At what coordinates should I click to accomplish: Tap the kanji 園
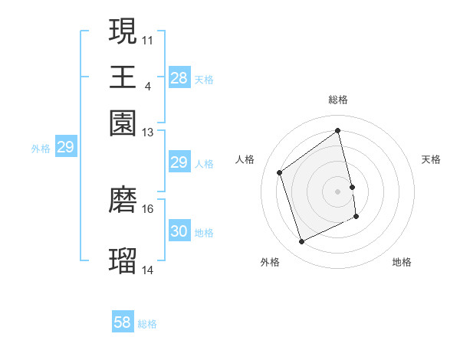(x=123, y=123)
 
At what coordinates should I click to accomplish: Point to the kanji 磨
(x=123, y=199)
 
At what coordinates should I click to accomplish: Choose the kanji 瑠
(x=123, y=260)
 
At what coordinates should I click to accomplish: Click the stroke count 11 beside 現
(x=148, y=38)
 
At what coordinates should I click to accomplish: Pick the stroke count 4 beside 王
(x=147, y=85)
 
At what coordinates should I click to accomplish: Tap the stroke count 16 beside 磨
(x=148, y=208)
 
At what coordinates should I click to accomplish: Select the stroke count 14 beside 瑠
(x=148, y=270)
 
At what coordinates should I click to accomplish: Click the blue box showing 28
(x=179, y=77)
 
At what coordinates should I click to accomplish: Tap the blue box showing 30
(x=179, y=231)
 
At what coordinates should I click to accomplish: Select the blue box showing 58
(x=123, y=322)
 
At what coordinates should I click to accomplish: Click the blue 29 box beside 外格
(x=65, y=147)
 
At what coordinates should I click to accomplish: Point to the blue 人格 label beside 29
(x=204, y=163)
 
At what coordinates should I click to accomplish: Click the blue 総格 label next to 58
(x=147, y=324)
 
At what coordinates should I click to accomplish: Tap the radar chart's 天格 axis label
(x=432, y=159)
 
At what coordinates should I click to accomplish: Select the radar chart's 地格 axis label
(x=402, y=263)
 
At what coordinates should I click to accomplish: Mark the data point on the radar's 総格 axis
(x=338, y=130)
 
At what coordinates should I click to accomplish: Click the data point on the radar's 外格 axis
(x=301, y=242)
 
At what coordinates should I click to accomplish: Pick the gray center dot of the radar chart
(x=338, y=191)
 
